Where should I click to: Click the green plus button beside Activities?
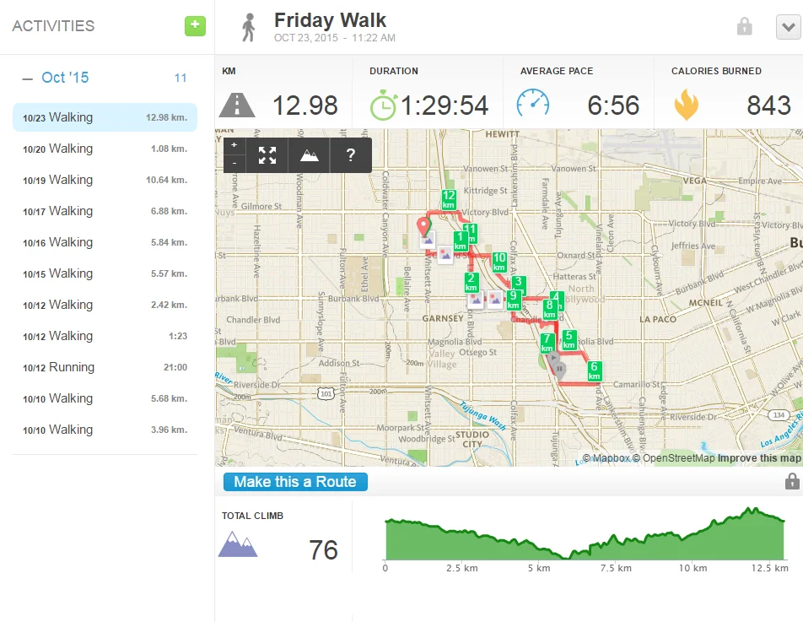click(x=195, y=25)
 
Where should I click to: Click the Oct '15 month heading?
click(x=65, y=78)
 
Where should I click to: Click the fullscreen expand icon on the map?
click(x=267, y=155)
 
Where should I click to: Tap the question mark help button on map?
click(x=350, y=155)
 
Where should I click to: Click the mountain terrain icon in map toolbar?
click(x=309, y=155)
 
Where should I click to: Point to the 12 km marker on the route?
click(x=449, y=199)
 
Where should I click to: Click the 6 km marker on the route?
click(x=594, y=370)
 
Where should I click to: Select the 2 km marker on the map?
click(x=472, y=282)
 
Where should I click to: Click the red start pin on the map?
click(x=424, y=227)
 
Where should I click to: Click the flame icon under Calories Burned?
click(x=686, y=105)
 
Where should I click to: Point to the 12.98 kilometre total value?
click(x=304, y=105)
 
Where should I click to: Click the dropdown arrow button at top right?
click(x=788, y=27)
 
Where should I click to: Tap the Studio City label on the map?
click(x=472, y=440)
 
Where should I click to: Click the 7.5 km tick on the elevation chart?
click(x=617, y=568)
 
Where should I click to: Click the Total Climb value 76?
click(x=323, y=550)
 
